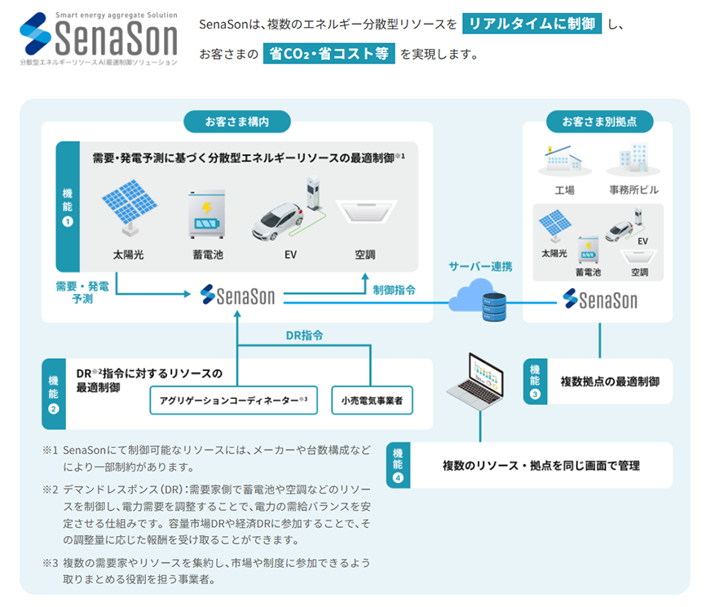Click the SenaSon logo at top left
tap(98, 38)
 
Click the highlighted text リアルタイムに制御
tap(531, 24)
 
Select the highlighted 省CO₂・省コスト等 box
tap(329, 55)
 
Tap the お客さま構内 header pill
tap(237, 122)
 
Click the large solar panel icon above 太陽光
tap(129, 208)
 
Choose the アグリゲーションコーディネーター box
tap(233, 400)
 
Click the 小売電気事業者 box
tap(372, 400)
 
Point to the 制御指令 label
tap(395, 290)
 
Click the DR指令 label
tap(305, 335)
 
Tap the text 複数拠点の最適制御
tap(610, 381)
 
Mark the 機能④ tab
tap(398, 466)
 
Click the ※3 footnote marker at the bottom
tap(51, 563)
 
